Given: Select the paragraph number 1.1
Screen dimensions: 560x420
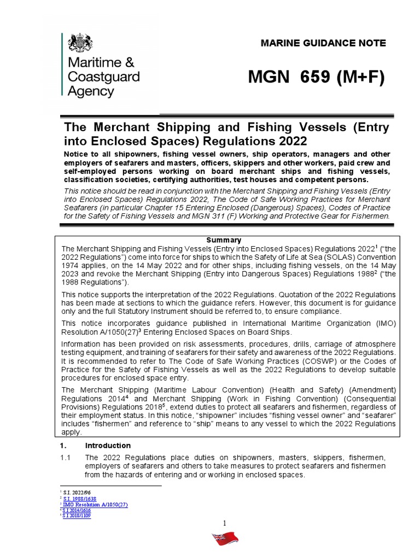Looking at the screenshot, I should tap(69, 457).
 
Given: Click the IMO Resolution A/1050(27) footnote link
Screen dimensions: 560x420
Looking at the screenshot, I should tap(95, 504).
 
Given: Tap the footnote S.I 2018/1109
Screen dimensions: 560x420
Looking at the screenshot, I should tap(77, 516).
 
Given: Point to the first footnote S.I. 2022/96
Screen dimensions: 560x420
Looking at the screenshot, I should tap(75, 493).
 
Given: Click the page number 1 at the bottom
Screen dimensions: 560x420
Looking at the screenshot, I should tap(224, 524).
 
